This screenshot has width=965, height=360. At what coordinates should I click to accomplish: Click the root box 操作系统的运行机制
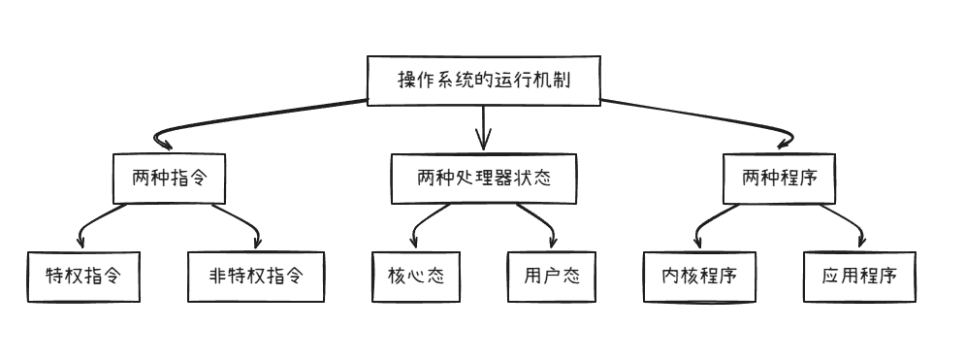483,80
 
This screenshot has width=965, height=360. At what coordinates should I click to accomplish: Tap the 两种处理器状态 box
484,179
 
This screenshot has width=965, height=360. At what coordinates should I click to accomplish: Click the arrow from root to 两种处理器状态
483,126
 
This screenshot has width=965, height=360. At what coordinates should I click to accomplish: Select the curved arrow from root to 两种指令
242,118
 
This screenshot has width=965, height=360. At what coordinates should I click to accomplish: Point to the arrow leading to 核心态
424,223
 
